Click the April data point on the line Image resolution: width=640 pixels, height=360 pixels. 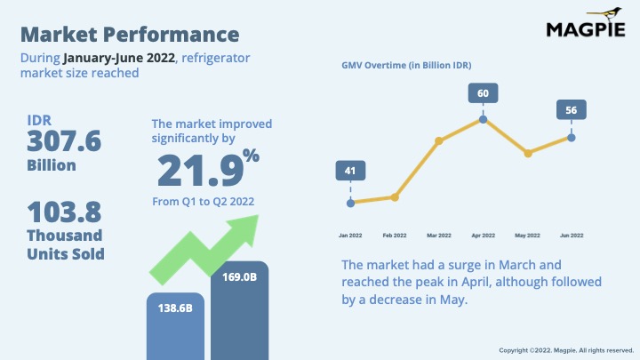coord(483,119)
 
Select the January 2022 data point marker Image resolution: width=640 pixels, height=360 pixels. coord(350,203)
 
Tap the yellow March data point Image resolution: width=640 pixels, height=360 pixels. coord(439,140)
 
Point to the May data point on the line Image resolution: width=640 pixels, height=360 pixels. coord(528,154)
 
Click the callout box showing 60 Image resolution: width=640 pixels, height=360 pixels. coord(483,93)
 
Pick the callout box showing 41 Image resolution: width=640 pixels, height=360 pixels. coord(350,171)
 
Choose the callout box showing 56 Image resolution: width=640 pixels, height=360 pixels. coord(571,110)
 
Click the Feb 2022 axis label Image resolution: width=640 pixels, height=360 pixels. coord(395,236)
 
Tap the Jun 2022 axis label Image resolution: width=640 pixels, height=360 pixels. coord(572,236)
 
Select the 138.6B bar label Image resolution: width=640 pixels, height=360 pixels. coord(175,308)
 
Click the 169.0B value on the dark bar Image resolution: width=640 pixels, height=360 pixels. coord(240,277)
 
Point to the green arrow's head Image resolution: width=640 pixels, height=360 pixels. coord(245,229)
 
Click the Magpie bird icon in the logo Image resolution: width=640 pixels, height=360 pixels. coord(605,13)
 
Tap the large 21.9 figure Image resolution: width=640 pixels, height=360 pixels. coord(200,171)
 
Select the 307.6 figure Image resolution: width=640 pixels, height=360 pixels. coord(64,141)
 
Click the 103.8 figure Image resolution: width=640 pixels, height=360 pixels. coord(64,212)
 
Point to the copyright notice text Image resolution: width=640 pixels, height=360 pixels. coord(566,350)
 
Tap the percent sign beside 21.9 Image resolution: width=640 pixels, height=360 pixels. coord(251,155)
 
